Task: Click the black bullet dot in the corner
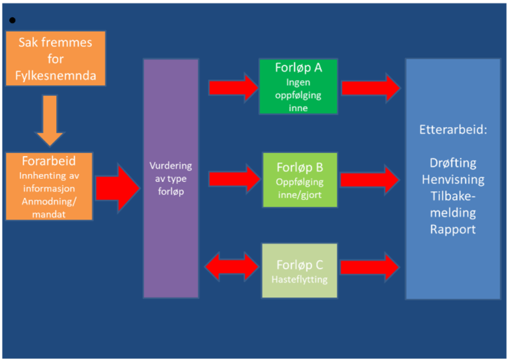click(13, 21)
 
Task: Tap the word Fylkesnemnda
click(56, 75)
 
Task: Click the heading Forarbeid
click(48, 161)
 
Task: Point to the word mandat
click(48, 214)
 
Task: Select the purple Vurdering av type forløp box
click(171, 178)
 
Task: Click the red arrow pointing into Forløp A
click(233, 87)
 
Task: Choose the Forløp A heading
click(298, 68)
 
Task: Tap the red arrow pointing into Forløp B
click(234, 177)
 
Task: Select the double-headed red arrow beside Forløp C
click(232, 267)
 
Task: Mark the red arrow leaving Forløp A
click(370, 87)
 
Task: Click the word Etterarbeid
click(452, 130)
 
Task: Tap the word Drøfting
click(452, 163)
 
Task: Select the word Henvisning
click(452, 179)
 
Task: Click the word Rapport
click(452, 230)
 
